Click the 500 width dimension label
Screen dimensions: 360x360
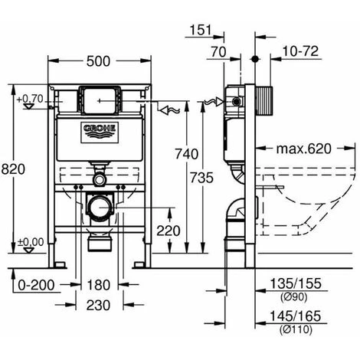click(x=98, y=61)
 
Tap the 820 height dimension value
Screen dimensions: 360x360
click(x=13, y=169)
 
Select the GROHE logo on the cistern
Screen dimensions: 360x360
click(x=100, y=131)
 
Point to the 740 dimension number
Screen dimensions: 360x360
click(x=187, y=154)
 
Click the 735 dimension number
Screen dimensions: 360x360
click(x=201, y=178)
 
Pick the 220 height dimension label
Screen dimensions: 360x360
click(x=169, y=231)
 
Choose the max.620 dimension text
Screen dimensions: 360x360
click(x=304, y=149)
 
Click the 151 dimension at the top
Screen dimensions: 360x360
click(x=201, y=30)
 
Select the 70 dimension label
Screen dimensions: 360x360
click(x=218, y=52)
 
